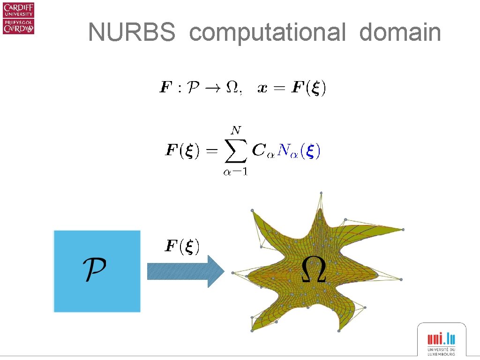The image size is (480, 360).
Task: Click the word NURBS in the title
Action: coord(132,33)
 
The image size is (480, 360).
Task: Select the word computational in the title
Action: coord(267,33)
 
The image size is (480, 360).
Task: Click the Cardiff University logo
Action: coord(18,18)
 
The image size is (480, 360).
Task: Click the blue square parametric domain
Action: coord(97,271)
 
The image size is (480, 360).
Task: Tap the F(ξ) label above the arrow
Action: coord(183,246)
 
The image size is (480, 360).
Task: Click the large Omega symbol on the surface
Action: coord(313,270)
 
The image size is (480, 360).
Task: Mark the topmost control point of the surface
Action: coord(321,192)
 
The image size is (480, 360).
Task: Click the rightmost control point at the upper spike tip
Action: coord(403,229)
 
